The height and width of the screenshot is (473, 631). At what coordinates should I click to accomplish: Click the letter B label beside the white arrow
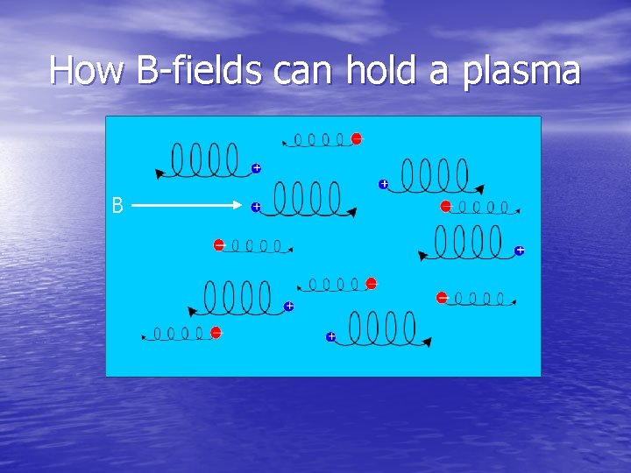click(117, 206)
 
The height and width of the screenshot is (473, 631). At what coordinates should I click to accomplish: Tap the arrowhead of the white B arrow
click(237, 206)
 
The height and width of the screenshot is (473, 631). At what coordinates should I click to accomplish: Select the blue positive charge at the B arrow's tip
click(256, 207)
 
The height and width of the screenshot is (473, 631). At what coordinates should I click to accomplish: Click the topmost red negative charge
click(357, 138)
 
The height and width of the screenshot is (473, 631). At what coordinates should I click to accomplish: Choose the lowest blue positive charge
click(331, 336)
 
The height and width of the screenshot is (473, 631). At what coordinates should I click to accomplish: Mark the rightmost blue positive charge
click(520, 251)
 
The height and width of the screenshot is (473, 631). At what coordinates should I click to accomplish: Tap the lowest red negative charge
click(216, 332)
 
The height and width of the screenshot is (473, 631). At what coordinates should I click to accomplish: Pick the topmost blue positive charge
click(256, 167)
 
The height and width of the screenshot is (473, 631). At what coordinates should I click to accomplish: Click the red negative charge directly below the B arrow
click(219, 245)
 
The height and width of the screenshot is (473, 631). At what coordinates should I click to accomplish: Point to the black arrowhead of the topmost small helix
click(284, 142)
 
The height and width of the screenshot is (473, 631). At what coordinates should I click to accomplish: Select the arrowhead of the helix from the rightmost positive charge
click(423, 257)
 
